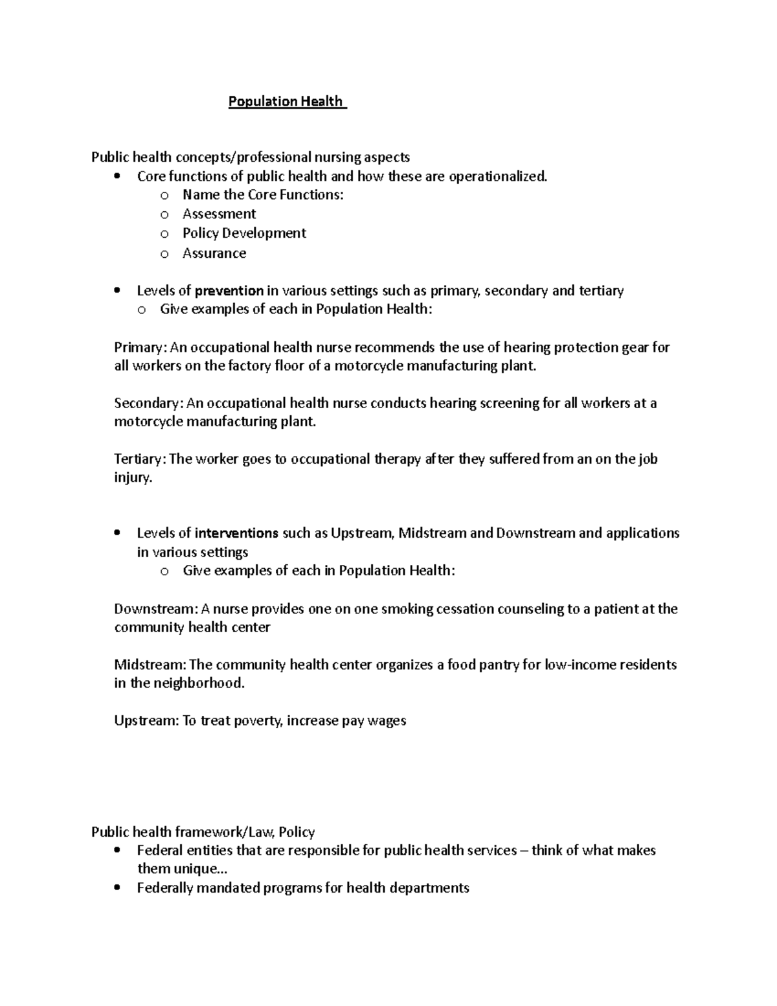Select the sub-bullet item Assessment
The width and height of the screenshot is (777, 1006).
click(219, 214)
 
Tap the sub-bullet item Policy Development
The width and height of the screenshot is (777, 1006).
click(244, 233)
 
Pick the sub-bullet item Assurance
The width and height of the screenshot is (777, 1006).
click(214, 253)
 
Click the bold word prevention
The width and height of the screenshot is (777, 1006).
click(229, 291)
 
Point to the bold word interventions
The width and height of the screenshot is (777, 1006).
click(236, 533)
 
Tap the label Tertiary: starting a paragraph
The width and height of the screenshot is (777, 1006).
click(140, 459)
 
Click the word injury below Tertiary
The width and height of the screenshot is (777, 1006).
click(133, 479)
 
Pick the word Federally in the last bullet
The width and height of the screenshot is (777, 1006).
click(165, 888)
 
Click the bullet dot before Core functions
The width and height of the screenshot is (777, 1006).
click(117, 177)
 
